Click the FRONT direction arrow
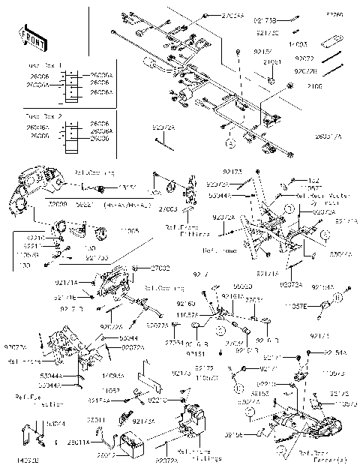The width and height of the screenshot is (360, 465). point(29,35)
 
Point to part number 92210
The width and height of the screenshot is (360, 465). point(34,238)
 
